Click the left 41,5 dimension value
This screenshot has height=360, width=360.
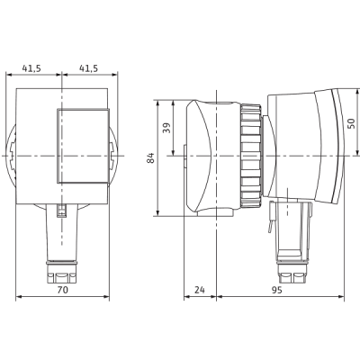[x=31, y=68]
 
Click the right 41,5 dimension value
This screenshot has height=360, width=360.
[x=88, y=68]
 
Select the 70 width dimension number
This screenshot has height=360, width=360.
[x=62, y=290]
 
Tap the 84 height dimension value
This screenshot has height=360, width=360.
[x=151, y=157]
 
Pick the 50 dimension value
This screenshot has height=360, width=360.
[x=351, y=123]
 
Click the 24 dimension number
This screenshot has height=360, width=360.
[x=200, y=290]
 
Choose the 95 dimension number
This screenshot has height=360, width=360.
[x=276, y=290]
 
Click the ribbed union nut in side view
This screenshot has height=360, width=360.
[x=250, y=156]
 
